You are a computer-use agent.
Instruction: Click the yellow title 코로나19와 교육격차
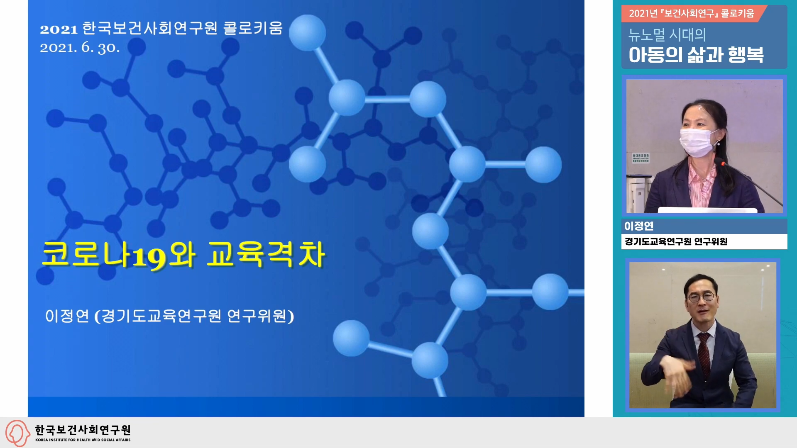click(183, 254)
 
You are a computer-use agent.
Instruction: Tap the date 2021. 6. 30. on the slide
click(80, 47)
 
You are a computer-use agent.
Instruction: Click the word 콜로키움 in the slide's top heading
click(253, 28)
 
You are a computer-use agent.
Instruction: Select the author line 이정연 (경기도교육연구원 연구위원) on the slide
click(169, 316)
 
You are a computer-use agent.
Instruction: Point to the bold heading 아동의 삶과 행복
click(696, 55)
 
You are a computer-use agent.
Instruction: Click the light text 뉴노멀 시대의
click(667, 35)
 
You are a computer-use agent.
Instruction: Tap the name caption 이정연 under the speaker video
click(639, 226)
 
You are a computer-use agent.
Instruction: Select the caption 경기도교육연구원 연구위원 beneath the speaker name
click(676, 241)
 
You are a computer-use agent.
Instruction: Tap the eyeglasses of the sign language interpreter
click(701, 297)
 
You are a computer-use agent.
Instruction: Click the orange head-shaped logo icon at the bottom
click(17, 433)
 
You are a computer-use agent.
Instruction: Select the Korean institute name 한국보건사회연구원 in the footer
click(83, 430)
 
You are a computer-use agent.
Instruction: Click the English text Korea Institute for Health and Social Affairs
click(83, 440)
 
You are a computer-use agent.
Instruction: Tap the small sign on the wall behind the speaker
click(641, 158)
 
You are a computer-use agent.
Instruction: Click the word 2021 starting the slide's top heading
click(59, 29)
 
